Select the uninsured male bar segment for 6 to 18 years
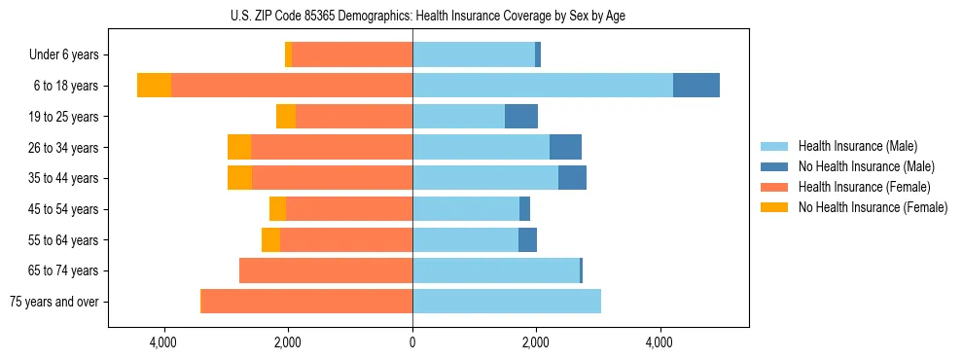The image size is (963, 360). (695, 86)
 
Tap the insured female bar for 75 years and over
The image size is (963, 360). (306, 302)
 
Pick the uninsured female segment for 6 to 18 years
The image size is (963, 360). (154, 86)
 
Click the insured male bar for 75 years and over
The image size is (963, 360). (507, 302)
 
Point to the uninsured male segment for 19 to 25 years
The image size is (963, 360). (521, 117)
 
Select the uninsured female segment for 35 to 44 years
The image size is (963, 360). (239, 178)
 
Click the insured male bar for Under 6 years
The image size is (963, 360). (474, 54)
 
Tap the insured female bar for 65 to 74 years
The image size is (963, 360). (326, 270)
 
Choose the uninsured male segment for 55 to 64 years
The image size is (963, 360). (527, 239)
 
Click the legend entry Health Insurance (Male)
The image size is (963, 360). (857, 146)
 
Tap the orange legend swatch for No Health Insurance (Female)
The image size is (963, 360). (775, 207)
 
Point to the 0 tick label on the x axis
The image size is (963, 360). (412, 342)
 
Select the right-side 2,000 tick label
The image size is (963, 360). (536, 342)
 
